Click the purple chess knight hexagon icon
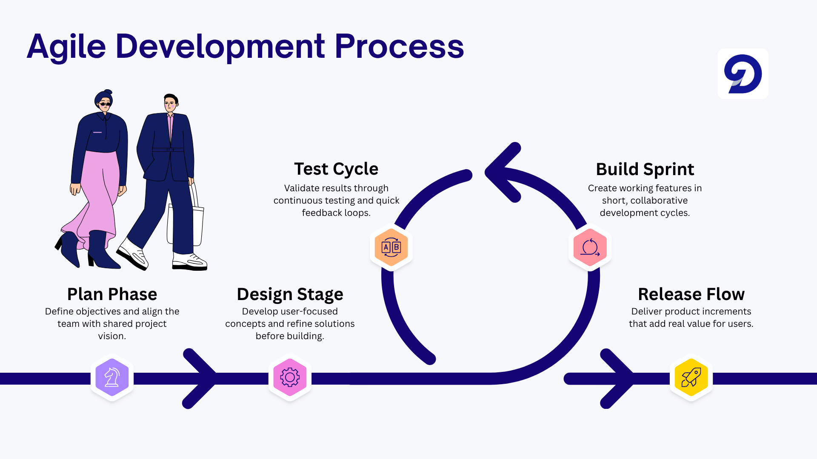pos(112,377)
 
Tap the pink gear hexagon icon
pos(290,377)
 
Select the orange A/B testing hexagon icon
pos(391,247)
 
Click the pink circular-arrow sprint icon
pos(590,247)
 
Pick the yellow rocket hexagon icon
pos(691,377)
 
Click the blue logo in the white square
pos(743,74)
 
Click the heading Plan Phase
pos(112,294)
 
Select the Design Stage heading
pos(290,294)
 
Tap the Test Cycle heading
pos(336,169)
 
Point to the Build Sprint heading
pos(645,169)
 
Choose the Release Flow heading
pos(691,294)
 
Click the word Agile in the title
pos(66,47)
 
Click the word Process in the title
pos(399,47)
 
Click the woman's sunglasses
pos(105,104)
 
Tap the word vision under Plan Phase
pos(112,336)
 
